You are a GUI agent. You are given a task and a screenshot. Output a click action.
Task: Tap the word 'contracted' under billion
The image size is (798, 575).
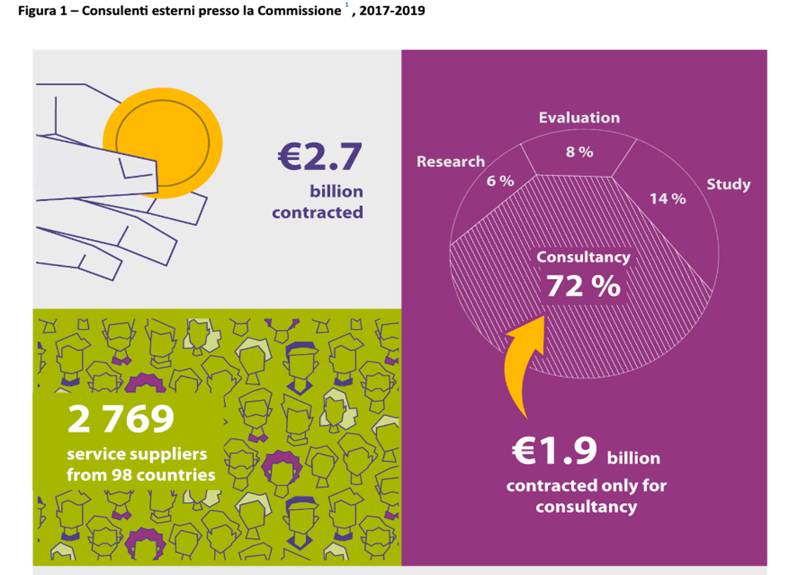click(317, 212)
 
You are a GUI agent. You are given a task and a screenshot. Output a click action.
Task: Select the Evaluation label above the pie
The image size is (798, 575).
click(579, 118)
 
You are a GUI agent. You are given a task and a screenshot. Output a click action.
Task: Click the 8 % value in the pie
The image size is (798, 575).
click(579, 152)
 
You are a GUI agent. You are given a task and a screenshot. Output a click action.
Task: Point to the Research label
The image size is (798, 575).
click(450, 162)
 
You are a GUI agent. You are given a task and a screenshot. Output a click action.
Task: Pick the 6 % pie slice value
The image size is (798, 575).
click(500, 181)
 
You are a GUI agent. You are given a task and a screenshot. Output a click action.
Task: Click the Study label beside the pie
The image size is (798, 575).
click(728, 184)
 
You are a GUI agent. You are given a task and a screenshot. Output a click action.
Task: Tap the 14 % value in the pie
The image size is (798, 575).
click(667, 198)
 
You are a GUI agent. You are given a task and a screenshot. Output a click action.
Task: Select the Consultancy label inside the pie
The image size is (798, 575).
click(583, 257)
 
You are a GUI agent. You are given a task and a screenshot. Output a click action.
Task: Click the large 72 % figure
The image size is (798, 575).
click(583, 286)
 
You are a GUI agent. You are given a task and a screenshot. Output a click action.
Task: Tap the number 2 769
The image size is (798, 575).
click(121, 419)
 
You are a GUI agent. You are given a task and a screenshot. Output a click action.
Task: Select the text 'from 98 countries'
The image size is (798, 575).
click(141, 475)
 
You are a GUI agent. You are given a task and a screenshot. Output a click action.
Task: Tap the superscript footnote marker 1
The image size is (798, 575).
click(346, 5)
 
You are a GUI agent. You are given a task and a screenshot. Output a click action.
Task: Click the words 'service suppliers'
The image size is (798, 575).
click(137, 455)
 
